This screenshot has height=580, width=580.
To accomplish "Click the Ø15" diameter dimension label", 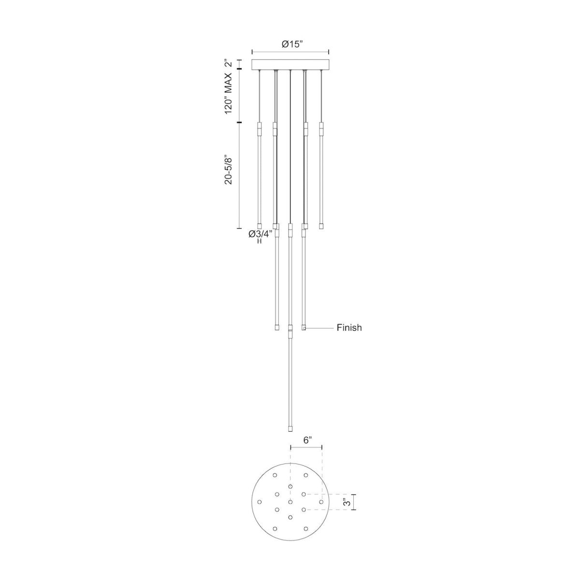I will [x=292, y=44].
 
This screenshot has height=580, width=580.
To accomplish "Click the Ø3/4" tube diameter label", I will [x=260, y=234].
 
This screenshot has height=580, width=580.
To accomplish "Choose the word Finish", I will [x=349, y=328].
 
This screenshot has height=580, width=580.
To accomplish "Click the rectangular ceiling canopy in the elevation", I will [x=290, y=65].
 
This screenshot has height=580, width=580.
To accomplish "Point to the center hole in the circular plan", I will [x=290, y=502].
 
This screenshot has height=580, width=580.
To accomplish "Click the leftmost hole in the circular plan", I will [x=259, y=502].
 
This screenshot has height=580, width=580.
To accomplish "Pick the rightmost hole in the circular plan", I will [x=321, y=502].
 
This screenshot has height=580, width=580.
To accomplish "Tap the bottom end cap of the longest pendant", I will [x=290, y=428].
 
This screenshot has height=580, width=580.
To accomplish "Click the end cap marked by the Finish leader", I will [x=304, y=328].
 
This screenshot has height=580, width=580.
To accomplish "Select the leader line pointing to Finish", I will [x=319, y=328].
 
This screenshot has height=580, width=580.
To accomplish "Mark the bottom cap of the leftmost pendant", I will [x=259, y=226].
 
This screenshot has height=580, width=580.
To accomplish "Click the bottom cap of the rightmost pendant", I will [x=321, y=226].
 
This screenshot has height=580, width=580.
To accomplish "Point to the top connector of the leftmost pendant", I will [x=259, y=129].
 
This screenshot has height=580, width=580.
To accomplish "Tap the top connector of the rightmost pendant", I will [x=321, y=129].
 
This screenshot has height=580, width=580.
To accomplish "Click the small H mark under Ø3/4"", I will [x=260, y=241].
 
